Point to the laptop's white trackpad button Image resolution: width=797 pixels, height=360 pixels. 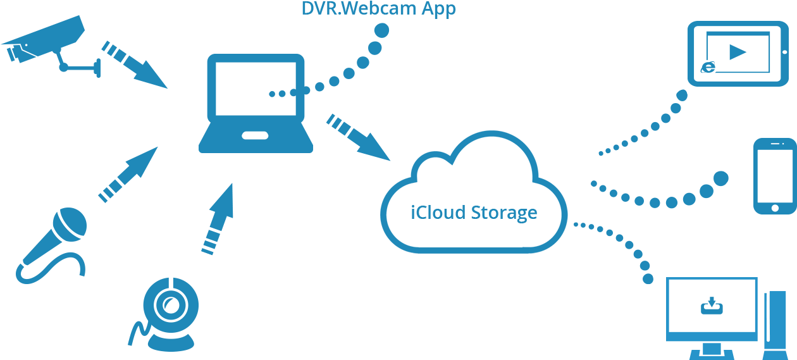click(x=255, y=135)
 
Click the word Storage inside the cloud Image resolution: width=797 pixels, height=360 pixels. click(x=504, y=213)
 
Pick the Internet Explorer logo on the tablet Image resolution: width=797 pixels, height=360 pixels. click(x=708, y=67)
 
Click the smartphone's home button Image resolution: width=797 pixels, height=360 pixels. click(x=774, y=207)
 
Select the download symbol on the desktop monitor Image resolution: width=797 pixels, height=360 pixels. click(x=712, y=306)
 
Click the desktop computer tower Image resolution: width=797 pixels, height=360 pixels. click(x=775, y=323)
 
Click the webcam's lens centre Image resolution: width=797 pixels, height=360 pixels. click(x=169, y=306)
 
